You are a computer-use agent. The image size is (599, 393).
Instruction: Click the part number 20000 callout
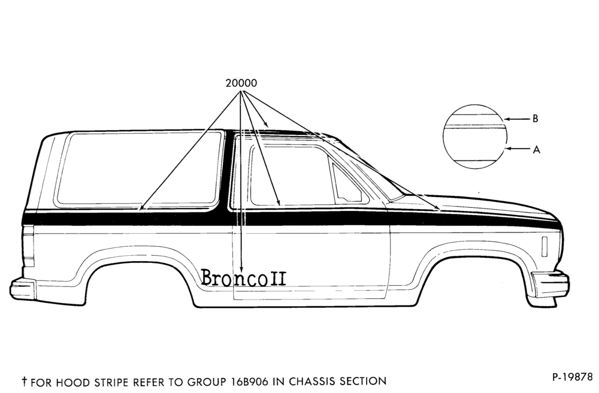241,83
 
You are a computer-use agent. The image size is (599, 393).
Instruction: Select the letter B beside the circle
535,119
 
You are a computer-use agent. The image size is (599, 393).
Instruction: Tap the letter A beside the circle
536,150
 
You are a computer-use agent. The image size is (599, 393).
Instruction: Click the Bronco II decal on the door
243,277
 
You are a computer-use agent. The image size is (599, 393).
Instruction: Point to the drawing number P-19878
572,377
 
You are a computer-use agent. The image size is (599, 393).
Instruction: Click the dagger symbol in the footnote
25,381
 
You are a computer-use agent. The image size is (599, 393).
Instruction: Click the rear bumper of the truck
23,289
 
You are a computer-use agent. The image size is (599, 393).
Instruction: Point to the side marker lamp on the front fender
544,246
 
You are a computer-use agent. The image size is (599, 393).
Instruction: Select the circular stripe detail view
475,137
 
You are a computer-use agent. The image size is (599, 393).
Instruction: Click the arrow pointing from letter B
517,119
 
